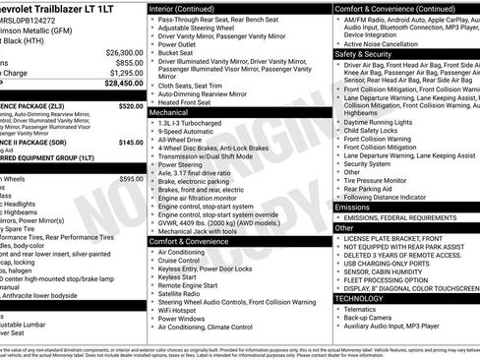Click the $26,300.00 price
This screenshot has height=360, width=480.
(x=123, y=52)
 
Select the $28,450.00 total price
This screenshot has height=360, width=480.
(x=123, y=84)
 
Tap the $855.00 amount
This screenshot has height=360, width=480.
(x=129, y=62)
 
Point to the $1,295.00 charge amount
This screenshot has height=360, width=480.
(x=126, y=73)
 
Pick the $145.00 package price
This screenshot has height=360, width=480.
(x=130, y=142)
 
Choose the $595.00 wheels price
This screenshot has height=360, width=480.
(x=131, y=179)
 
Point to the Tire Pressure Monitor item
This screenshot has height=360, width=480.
(x=378, y=180)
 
